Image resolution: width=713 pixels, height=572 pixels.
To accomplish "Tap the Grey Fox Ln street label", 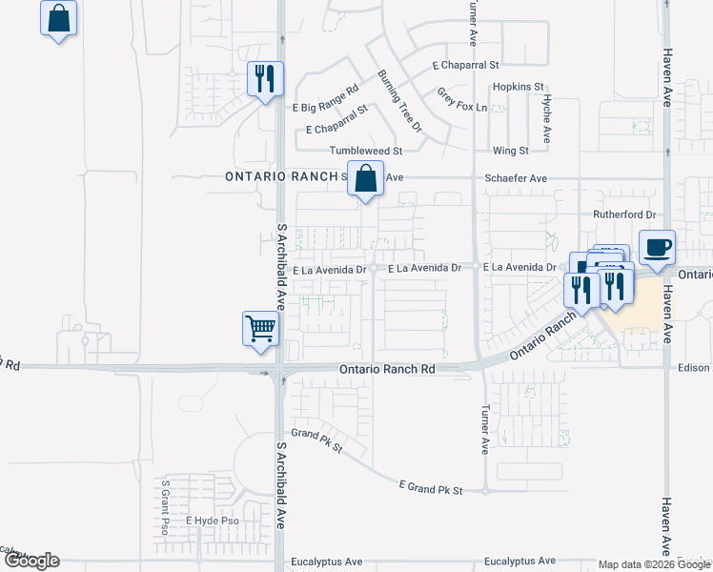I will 462,99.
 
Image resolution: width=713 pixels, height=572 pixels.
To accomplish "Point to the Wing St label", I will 511,151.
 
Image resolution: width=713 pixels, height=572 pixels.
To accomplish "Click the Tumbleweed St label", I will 367,151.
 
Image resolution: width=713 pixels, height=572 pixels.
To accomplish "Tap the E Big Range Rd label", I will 325,97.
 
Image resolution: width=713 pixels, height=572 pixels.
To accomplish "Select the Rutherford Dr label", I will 625,215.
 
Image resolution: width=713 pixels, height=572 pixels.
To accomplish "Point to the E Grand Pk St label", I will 431,489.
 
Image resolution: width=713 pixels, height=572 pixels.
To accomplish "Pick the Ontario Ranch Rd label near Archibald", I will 387,369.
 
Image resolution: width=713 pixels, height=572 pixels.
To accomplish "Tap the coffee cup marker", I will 657,247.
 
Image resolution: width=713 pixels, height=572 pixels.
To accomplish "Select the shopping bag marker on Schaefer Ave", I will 365,178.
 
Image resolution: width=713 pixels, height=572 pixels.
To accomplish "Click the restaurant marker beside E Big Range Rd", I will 265,78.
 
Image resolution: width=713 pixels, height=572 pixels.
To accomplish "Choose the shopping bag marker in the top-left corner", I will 59,17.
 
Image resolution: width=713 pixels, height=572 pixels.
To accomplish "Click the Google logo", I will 32,561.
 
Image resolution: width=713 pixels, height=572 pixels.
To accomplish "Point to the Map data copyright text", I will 655,564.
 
